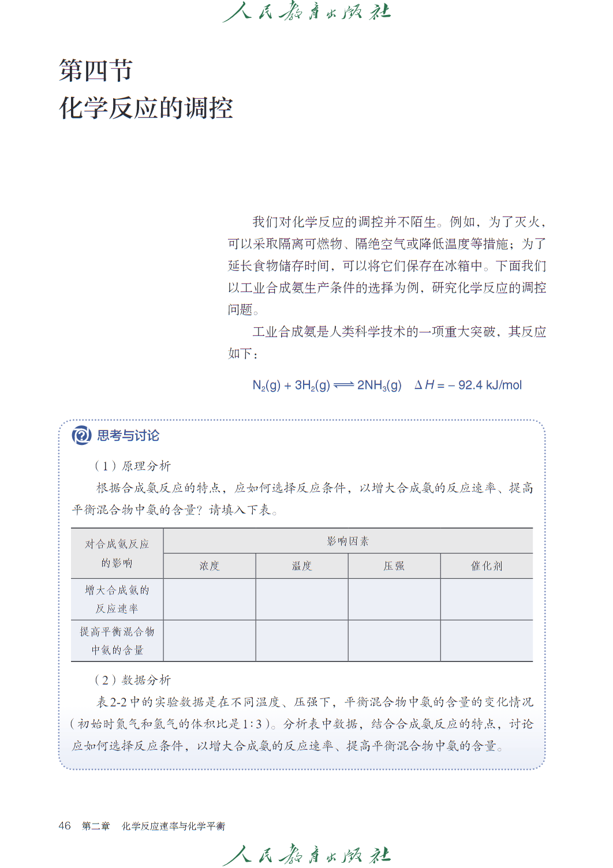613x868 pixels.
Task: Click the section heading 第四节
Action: [96, 70]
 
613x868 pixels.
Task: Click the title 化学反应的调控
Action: [146, 108]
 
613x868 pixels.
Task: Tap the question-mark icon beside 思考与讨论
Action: [81, 435]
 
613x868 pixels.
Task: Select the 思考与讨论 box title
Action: [128, 436]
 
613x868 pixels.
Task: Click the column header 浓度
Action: [210, 566]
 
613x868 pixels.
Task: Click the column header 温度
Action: [302, 566]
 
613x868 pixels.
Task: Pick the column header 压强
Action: [394, 566]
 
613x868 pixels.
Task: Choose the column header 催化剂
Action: [487, 566]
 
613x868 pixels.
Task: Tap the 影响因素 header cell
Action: [347, 541]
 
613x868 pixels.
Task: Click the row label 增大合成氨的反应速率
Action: [117, 599]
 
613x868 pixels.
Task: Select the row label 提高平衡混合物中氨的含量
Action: [117, 641]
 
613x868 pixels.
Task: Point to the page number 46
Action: [65, 826]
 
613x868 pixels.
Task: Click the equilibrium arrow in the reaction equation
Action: [343, 386]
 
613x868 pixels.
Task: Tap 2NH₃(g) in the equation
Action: [379, 386]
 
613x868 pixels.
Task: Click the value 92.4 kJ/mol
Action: [490, 386]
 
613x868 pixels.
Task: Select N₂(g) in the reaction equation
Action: [266, 386]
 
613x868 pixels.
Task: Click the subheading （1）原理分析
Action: [132, 466]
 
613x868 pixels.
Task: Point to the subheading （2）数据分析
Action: [132, 680]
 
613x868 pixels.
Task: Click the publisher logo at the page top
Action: [306, 12]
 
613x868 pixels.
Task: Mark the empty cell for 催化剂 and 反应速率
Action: [487, 599]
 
